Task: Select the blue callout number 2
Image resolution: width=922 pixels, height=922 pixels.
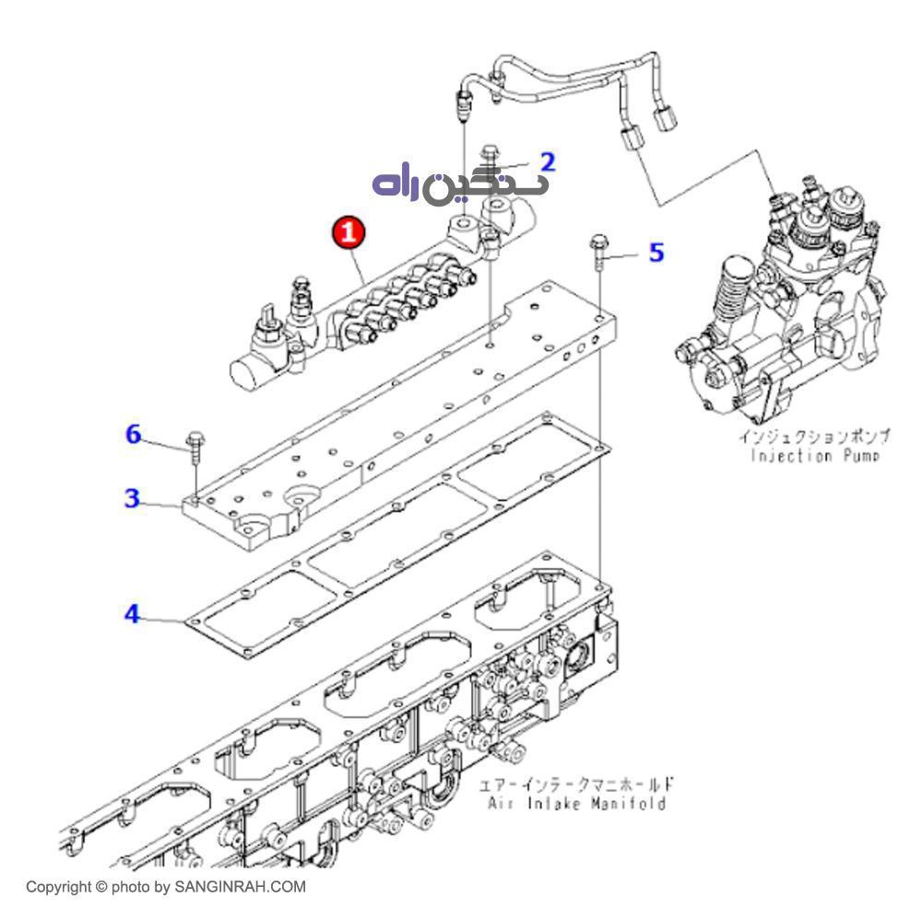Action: (x=548, y=163)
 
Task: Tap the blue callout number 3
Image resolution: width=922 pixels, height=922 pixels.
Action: (x=133, y=499)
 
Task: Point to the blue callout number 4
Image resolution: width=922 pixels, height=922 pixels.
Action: (x=133, y=613)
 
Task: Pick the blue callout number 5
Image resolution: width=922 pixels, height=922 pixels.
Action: (x=656, y=252)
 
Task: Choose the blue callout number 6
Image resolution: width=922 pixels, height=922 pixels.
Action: (x=135, y=434)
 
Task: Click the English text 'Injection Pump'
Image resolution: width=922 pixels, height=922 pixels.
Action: (x=814, y=455)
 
